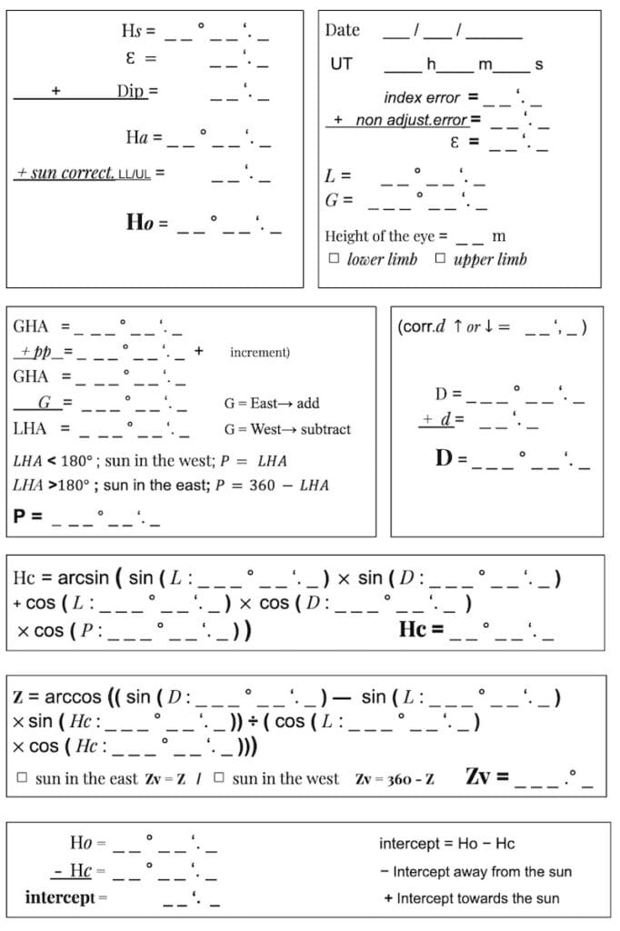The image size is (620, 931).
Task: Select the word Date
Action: tap(342, 30)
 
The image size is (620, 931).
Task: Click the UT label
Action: tap(341, 65)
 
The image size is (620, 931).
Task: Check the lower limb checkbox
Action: tap(334, 259)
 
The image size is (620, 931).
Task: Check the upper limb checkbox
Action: tap(440, 259)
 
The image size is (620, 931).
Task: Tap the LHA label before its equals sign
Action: tap(30, 427)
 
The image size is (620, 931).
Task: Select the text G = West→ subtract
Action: tap(286, 428)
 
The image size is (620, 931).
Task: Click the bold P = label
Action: tap(26, 516)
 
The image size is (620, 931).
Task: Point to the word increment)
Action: tap(260, 351)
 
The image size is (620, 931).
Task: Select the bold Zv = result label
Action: tap(486, 777)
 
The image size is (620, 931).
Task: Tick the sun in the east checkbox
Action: tap(22, 778)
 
